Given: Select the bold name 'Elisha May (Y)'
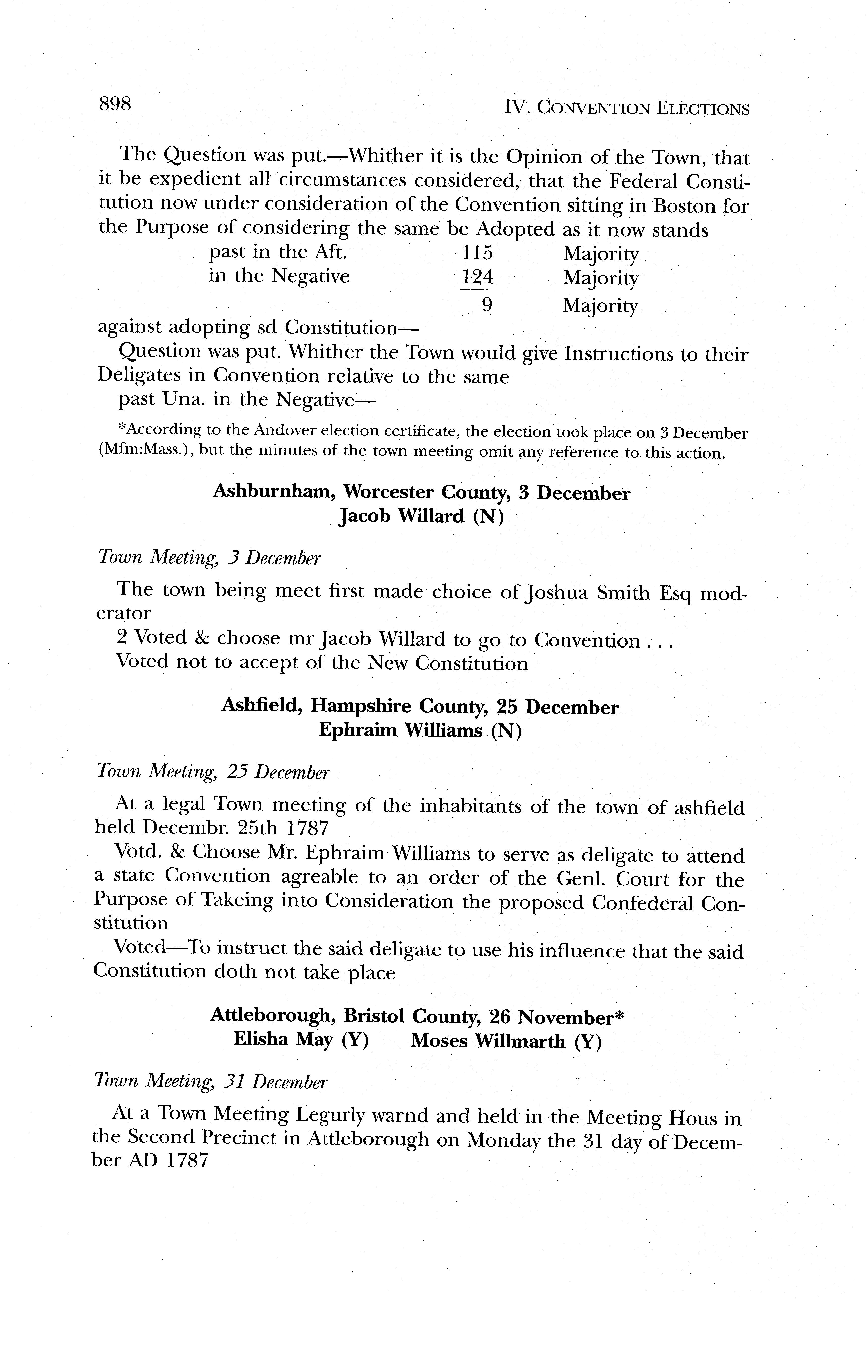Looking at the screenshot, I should (x=301, y=1040).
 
